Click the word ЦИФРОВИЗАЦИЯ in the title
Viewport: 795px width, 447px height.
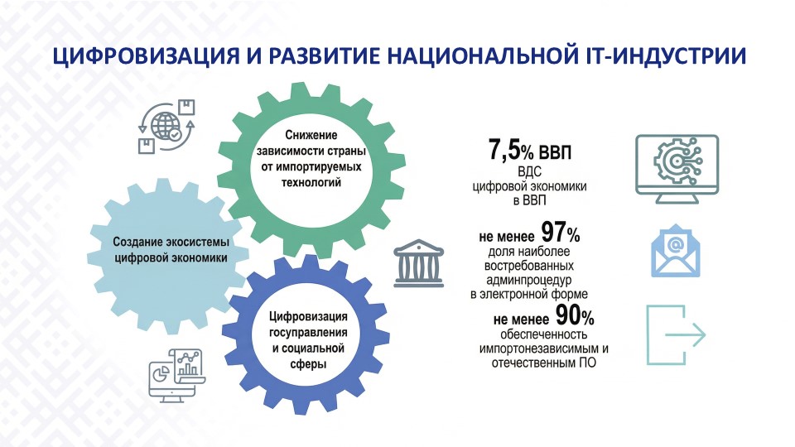(x=145, y=55)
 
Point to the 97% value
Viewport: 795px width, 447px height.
(x=561, y=233)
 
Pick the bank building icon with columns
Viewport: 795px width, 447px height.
(x=419, y=263)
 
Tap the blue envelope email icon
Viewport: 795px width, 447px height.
(x=676, y=251)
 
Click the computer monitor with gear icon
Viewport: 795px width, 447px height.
(x=677, y=169)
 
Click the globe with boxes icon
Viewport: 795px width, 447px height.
(x=166, y=126)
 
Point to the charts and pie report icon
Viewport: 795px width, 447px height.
(x=177, y=375)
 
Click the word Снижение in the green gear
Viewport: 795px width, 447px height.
(x=311, y=135)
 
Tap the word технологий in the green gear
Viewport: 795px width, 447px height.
(x=311, y=182)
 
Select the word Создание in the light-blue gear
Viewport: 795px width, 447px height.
(x=137, y=242)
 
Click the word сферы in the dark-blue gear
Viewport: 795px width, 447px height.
(x=308, y=363)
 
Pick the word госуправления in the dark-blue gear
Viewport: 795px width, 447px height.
(x=308, y=333)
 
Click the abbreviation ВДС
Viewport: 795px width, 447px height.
(x=529, y=171)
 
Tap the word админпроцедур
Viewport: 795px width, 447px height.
(x=529, y=280)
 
